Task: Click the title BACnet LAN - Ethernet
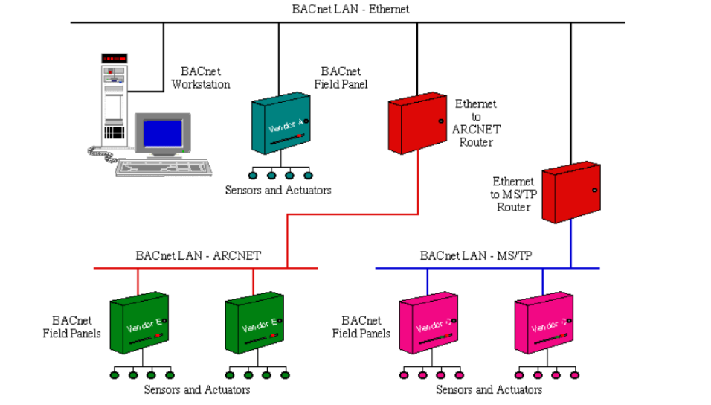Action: tap(350, 10)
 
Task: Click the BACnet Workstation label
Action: tap(200, 78)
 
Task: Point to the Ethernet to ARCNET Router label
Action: tap(476, 123)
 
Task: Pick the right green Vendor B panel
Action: tap(255, 324)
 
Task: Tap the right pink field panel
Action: tap(544, 324)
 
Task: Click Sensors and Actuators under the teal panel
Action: tap(278, 191)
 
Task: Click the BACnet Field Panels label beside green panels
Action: tap(71, 327)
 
